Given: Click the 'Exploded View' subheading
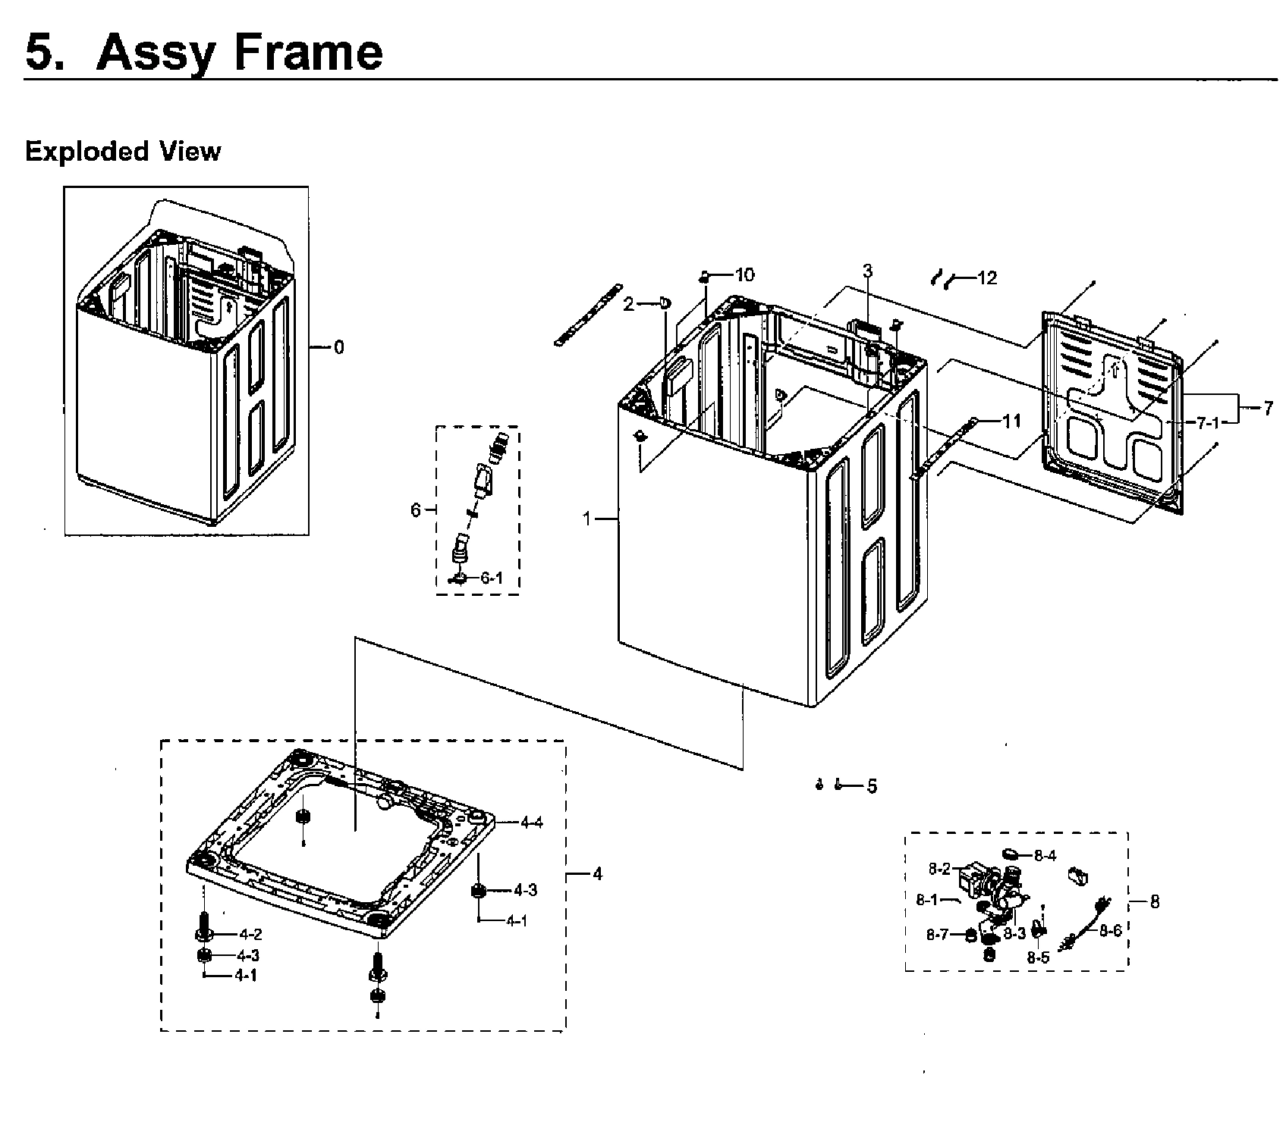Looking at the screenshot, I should pos(122,151).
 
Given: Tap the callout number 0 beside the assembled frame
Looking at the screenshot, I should pos(338,347).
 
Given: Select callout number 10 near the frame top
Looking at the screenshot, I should pos(745,274).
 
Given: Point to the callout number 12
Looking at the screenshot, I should pos(986,277).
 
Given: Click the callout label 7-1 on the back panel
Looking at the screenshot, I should pos(1207,423).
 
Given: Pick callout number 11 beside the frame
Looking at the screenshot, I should pos(1012,421).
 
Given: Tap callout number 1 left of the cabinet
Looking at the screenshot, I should pos(586,519).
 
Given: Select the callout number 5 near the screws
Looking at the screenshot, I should pos(872,786).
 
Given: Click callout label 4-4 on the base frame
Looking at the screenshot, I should pos(531,822).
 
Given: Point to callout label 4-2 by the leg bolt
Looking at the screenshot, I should pos(250,934).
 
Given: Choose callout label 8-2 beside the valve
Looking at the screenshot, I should pos(939,868).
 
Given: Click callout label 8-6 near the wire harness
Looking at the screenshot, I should pos(1110,930).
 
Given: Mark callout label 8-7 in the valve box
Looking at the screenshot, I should pos(938,935).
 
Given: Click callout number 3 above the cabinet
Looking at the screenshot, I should pos(867,271).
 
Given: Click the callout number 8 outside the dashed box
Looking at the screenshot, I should pos(1154,901).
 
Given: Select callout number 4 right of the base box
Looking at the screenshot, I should pos(597,873).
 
